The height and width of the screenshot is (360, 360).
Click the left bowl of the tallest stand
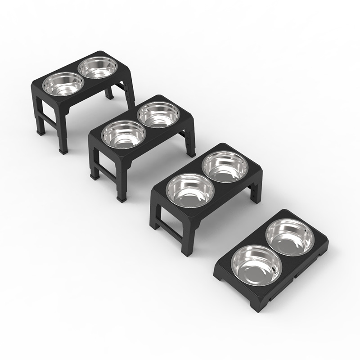point(63,84)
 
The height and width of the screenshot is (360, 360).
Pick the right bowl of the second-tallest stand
point(158,114)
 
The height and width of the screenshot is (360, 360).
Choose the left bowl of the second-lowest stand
point(189,189)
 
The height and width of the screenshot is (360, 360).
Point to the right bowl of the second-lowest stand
point(225,167)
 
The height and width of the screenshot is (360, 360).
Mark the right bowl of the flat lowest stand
point(290,237)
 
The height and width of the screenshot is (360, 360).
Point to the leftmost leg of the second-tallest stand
point(94,166)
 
